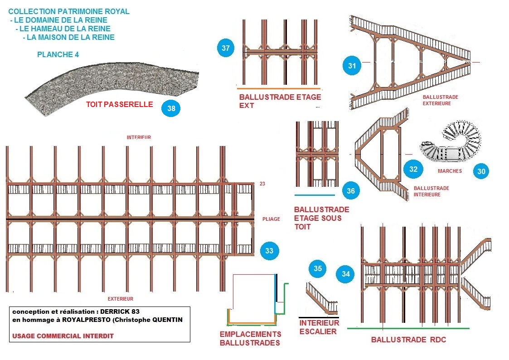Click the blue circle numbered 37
226,48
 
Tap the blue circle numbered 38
171,108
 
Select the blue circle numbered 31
352,66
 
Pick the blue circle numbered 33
269,251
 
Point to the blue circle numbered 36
351,191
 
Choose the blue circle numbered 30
481,171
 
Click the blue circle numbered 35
317,268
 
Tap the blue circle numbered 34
346,274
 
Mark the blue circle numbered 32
413,169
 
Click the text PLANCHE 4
58,54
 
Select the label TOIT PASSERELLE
120,104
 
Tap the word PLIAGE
271,219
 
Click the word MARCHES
450,171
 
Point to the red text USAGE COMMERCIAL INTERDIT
63,336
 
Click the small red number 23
262,184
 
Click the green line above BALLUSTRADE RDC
408,329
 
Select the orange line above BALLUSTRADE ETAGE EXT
278,88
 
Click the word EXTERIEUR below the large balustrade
121,299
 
